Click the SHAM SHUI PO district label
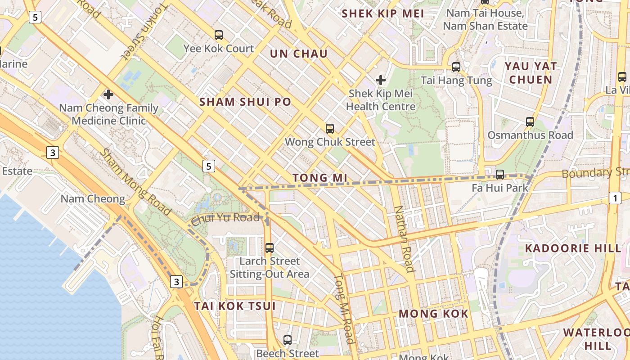click(245, 102)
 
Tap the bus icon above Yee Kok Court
click(219, 35)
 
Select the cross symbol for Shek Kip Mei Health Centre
click(381, 80)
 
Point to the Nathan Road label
click(404, 239)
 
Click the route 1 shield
click(615, 198)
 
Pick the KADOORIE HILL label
click(573, 248)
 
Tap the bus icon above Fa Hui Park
click(499, 175)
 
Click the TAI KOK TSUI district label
click(234, 306)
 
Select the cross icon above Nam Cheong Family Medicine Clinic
click(108, 94)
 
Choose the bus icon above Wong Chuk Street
click(330, 129)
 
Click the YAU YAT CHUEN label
click(531, 73)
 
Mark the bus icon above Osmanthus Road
click(530, 121)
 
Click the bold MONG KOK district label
click(433, 314)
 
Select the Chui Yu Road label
click(225, 219)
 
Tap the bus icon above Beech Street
click(288, 340)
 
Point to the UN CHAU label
click(299, 54)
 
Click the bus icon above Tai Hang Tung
click(456, 67)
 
